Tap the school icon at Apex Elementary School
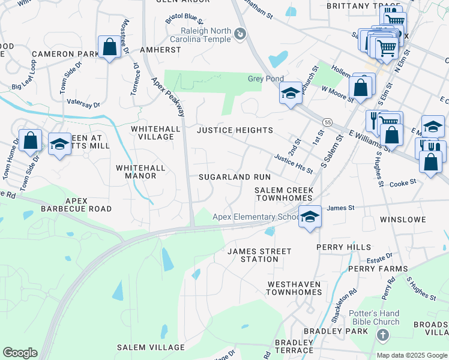[310, 217]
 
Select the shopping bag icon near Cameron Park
[109, 47]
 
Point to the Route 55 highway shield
[327, 122]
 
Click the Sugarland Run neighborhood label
[235, 178]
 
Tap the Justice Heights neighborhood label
[235, 130]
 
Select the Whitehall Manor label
[136, 172]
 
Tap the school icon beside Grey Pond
[291, 93]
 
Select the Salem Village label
[151, 347]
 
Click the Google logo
[20, 353]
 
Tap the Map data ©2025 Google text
[411, 355]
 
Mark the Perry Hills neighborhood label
[341, 247]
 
